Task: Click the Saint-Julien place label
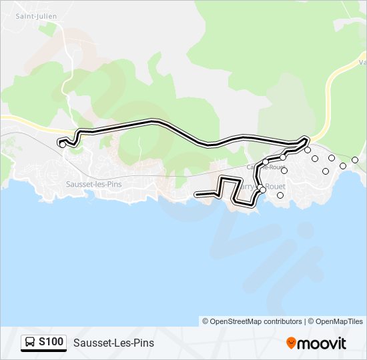(x=36, y=15)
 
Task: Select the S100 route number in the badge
(x=51, y=343)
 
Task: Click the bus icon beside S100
(x=30, y=343)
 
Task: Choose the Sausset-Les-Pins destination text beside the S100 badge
(x=113, y=343)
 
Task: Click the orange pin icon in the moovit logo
(x=291, y=343)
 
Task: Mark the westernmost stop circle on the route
(x=63, y=144)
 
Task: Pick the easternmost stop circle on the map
(x=355, y=160)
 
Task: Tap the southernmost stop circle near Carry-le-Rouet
(x=280, y=195)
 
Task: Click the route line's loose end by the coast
(x=196, y=195)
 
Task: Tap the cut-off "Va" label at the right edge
(x=361, y=63)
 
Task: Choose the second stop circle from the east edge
(x=343, y=165)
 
